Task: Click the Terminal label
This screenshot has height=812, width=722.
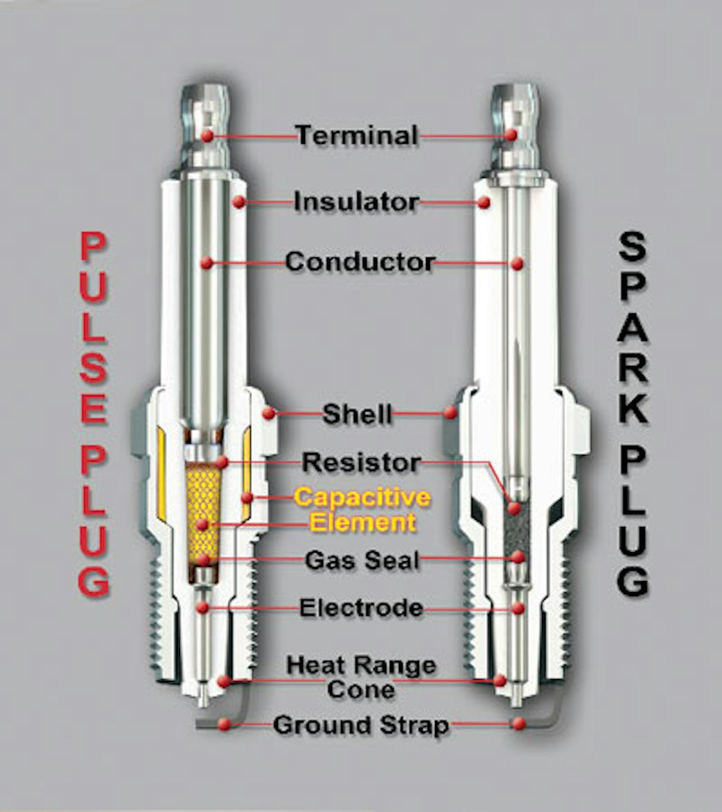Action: [357, 135]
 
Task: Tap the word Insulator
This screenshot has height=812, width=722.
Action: [356, 201]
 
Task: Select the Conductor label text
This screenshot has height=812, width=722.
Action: [360, 262]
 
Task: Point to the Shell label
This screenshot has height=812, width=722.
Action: [357, 414]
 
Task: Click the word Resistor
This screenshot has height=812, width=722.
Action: [361, 462]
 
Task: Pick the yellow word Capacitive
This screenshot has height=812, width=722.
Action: [362, 497]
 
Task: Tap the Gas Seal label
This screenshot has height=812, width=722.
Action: [362, 560]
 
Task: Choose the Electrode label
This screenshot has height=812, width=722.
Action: [361, 607]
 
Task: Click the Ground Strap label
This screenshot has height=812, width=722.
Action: [361, 725]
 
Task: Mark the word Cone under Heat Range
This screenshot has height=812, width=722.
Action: [361, 689]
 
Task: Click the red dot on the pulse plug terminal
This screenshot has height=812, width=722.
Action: [207, 136]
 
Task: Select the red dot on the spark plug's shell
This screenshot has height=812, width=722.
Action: [450, 412]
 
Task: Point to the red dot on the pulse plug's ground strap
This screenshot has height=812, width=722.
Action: [224, 724]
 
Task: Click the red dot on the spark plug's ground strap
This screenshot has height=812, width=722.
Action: [519, 724]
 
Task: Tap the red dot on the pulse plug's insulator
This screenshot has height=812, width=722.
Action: [239, 202]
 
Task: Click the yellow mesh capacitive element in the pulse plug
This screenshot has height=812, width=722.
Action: [203, 499]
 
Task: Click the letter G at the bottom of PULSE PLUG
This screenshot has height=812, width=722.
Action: [94, 581]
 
